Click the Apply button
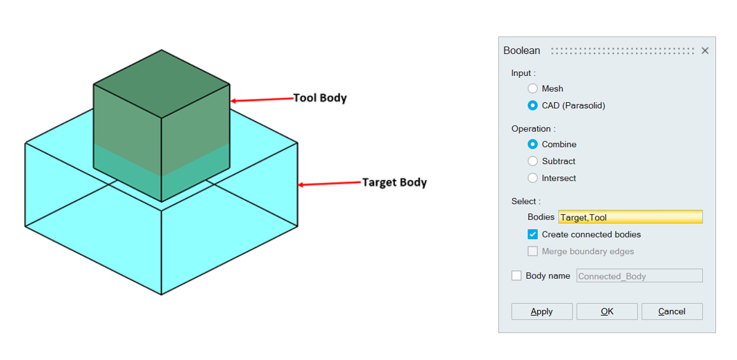point(541,312)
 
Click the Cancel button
point(672,312)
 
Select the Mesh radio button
point(532,89)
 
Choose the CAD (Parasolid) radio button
point(532,106)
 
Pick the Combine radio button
point(532,144)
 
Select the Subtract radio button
point(532,161)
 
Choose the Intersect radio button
point(532,178)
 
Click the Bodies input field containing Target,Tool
point(630,217)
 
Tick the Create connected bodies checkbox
point(532,234)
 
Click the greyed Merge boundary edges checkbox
point(532,251)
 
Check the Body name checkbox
point(516,276)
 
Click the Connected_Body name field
point(639,276)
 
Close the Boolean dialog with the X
point(705,51)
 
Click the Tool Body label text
point(320,97)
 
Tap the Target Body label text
point(394,182)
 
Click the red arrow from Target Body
point(329,184)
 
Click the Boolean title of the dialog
point(522,51)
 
